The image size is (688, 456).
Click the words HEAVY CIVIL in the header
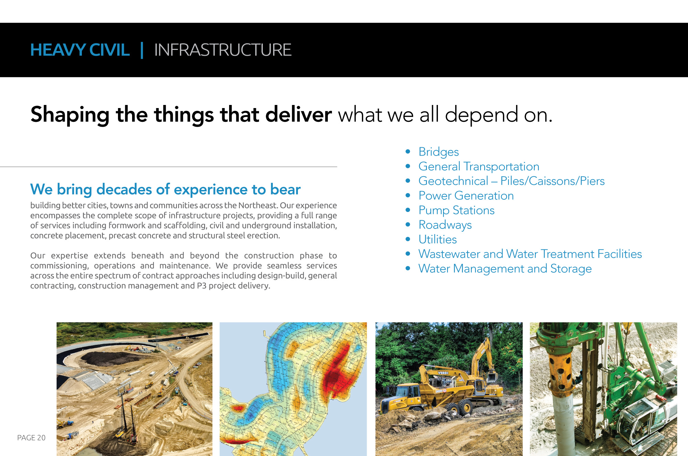point(80,50)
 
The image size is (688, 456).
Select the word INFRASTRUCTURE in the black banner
point(223,50)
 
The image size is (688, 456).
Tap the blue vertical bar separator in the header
point(142,50)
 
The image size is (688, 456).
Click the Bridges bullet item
point(439,152)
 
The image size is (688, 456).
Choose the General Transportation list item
point(479,167)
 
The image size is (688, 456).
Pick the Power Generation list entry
point(466,196)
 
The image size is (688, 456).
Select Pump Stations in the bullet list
point(456,210)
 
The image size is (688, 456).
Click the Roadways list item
point(445,225)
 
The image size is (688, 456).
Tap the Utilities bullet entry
point(438,240)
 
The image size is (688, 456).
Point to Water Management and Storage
point(505,269)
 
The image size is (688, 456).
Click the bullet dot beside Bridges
point(408,151)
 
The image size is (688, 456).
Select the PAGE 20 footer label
point(31,438)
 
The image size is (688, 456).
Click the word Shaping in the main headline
point(70,115)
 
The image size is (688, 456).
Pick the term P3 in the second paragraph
point(202,286)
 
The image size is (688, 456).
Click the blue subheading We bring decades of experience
point(165,189)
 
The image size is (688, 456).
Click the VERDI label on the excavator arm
point(443,373)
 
